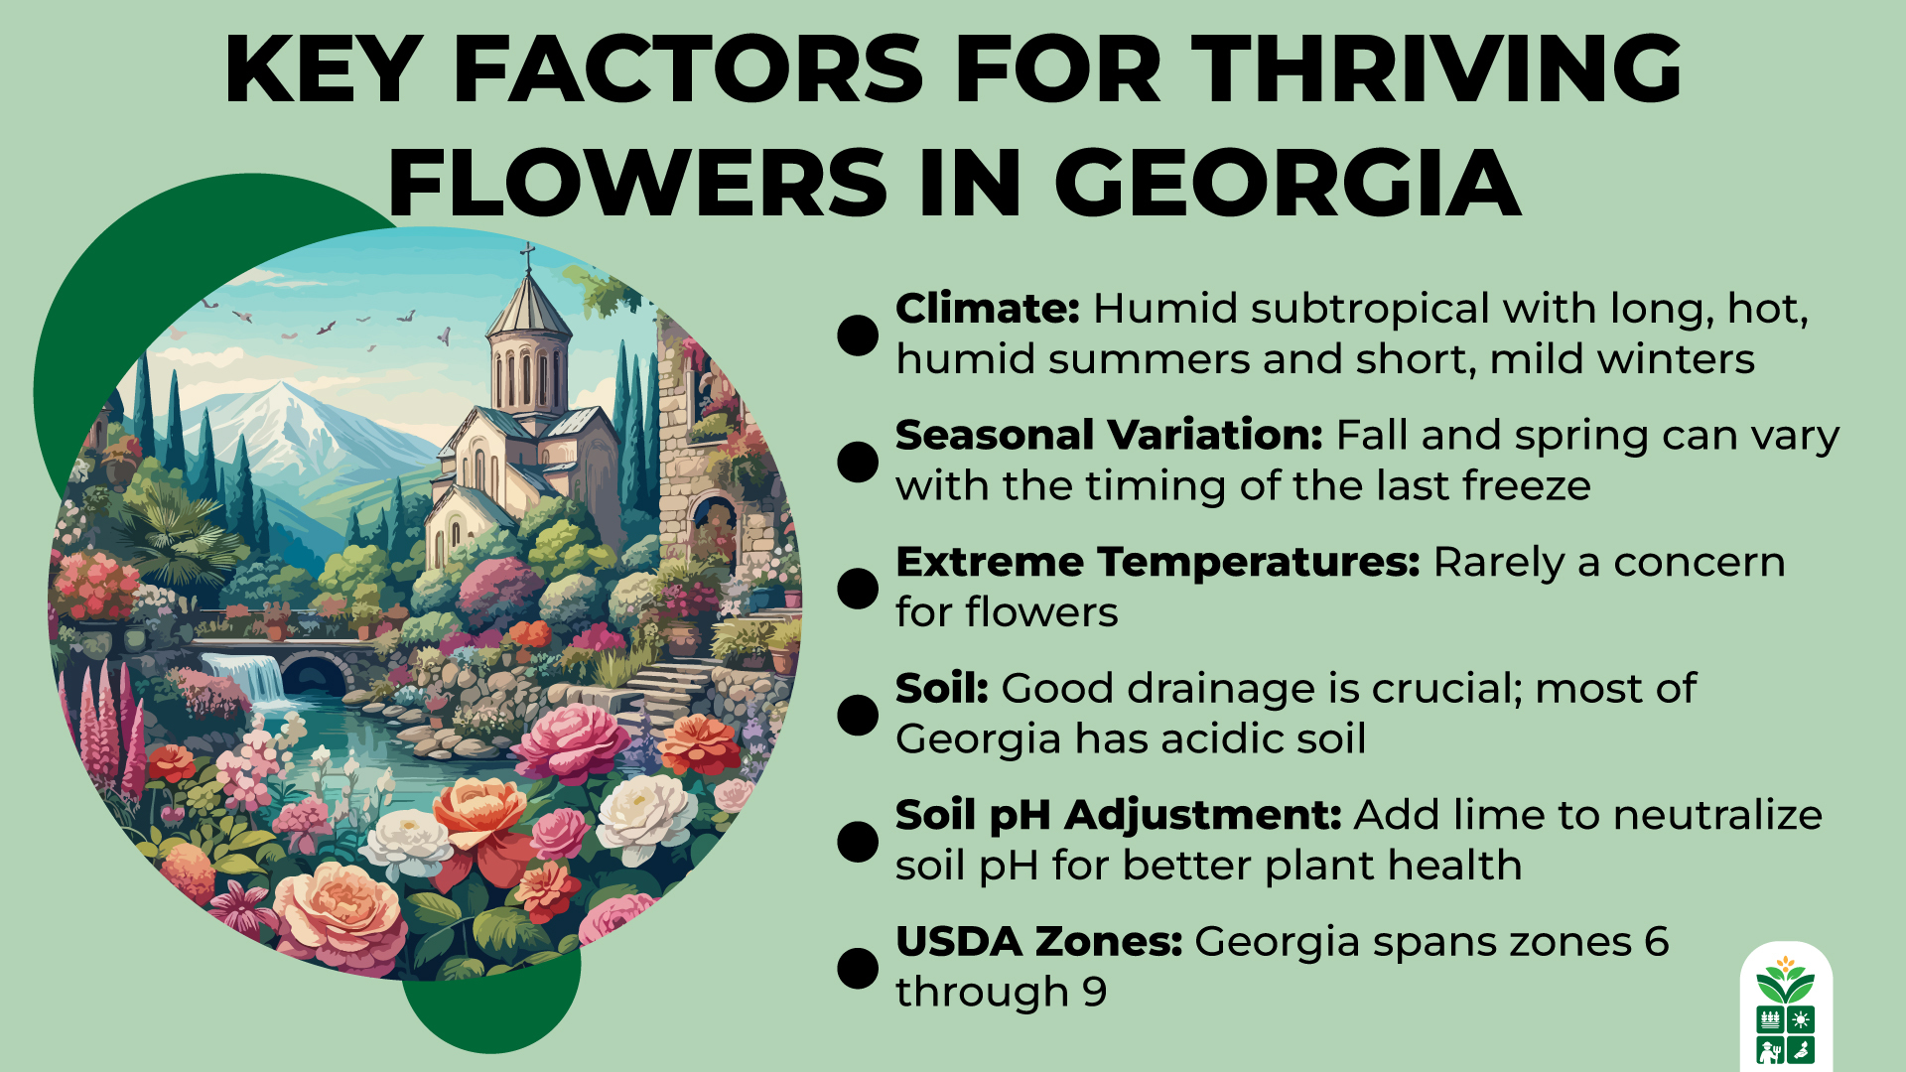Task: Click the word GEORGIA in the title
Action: tap(1287, 184)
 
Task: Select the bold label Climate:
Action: tap(987, 309)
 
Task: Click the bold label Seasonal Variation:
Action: tap(1109, 435)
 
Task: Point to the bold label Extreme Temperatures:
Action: tap(1157, 562)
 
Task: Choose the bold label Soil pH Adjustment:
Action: tap(1118, 815)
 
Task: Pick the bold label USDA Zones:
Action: tap(1038, 942)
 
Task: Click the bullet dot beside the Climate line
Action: tap(858, 335)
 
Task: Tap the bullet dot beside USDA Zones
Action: tap(858, 969)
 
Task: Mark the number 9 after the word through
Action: tap(1094, 992)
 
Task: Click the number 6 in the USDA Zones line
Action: tap(1656, 942)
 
